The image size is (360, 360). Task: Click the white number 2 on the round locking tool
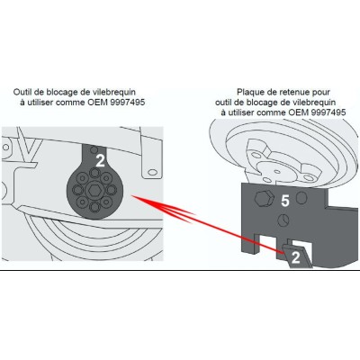pos(100,161)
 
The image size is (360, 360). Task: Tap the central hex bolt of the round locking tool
pos(94,190)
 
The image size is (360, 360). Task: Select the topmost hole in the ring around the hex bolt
pos(94,173)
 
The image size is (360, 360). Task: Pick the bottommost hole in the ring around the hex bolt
pos(94,206)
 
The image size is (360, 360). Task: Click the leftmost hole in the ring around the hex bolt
pos(77,190)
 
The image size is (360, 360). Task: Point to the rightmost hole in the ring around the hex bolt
pos(112,190)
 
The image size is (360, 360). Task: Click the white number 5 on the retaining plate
pos(285,201)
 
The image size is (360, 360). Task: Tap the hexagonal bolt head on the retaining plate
pos(265,198)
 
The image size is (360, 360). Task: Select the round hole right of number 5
pos(301,198)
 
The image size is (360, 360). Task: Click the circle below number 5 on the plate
pos(283,220)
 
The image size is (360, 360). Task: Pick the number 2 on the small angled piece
pos(296,257)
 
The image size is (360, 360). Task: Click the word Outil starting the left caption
pos(22,92)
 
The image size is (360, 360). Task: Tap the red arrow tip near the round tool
pos(132,196)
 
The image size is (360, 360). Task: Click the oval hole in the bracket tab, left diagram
pos(152,172)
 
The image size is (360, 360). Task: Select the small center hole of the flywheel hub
pos(277,172)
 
